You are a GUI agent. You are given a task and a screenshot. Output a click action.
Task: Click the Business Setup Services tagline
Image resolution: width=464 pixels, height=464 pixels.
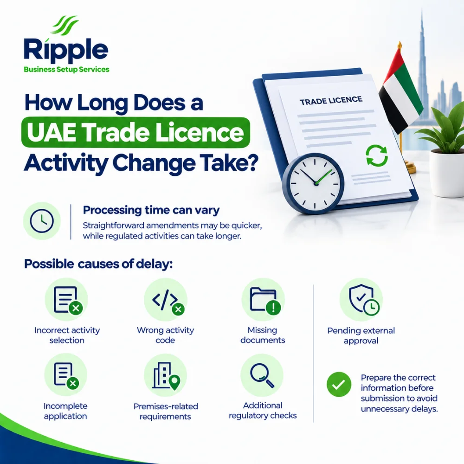pos(66,69)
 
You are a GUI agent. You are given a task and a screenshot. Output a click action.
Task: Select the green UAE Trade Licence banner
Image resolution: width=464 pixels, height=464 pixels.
pos(135,133)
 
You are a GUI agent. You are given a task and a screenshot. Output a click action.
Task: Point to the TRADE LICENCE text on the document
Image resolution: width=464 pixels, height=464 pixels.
pos(331,101)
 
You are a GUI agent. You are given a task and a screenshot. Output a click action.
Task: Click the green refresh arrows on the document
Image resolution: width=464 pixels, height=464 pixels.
pos(377,155)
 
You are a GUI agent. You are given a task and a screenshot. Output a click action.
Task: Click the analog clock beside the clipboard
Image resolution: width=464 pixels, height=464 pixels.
pos(313,183)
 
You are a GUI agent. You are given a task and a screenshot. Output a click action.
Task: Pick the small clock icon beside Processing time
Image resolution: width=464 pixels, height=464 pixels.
pos(42,221)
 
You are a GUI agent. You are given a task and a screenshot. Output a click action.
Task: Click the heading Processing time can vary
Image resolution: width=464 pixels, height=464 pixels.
pos(151,210)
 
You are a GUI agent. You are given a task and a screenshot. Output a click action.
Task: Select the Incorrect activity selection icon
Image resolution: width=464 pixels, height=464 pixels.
pos(66,299)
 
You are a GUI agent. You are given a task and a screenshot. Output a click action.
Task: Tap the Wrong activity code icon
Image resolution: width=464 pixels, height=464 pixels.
pos(166,299)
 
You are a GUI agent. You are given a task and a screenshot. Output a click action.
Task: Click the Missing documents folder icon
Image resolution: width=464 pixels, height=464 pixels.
pos(263,299)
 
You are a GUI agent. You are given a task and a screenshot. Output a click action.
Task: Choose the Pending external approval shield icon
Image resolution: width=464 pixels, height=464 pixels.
pos(361,299)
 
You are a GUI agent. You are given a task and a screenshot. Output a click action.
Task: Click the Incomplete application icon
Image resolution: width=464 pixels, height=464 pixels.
pos(66,374)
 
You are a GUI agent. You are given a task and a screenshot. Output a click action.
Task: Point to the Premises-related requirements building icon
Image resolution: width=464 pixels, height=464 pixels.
pos(166,375)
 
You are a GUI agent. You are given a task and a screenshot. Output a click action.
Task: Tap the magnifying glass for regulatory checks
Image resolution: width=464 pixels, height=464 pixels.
pos(262,375)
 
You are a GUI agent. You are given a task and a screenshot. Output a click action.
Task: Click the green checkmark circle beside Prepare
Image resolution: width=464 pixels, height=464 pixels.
pos(339,384)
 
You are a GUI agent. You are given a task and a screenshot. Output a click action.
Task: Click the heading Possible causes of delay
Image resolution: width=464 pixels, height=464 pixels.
pos(98,264)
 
